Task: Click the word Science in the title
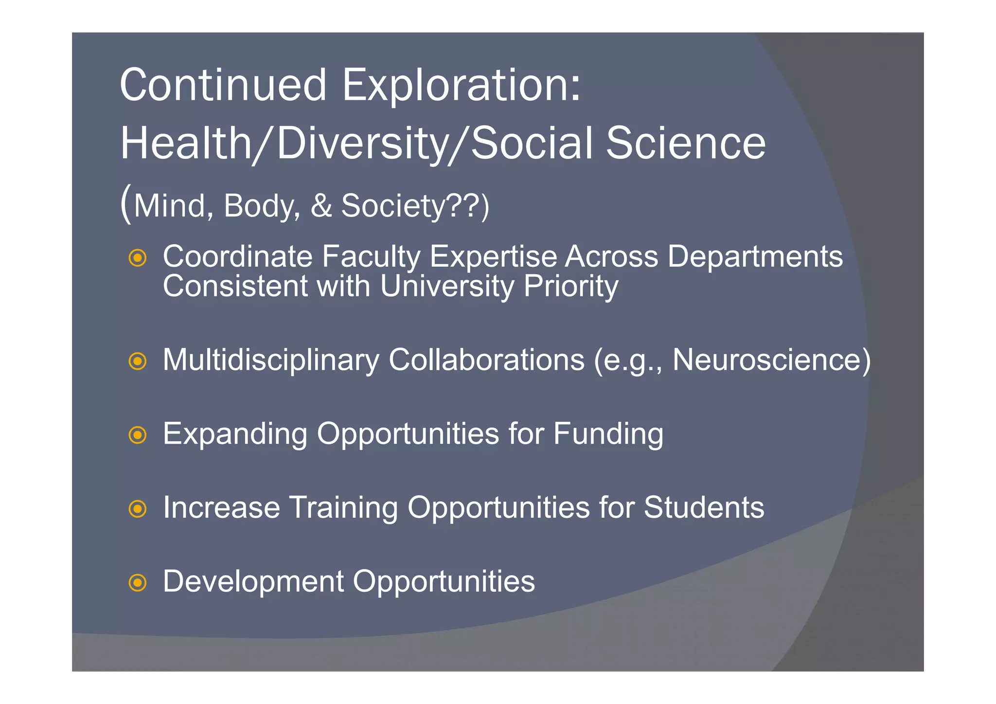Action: (686, 144)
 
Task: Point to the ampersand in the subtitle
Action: (321, 206)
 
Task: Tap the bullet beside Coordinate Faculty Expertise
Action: (138, 258)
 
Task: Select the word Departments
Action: (755, 256)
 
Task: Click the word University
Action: (446, 286)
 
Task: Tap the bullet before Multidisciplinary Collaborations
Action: (138, 361)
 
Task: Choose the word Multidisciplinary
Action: (271, 360)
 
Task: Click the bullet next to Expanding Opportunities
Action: (138, 434)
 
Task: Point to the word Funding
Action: (608, 433)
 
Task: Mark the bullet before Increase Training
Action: (138, 509)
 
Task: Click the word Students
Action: (704, 507)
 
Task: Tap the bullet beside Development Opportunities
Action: (138, 582)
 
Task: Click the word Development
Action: (253, 581)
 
